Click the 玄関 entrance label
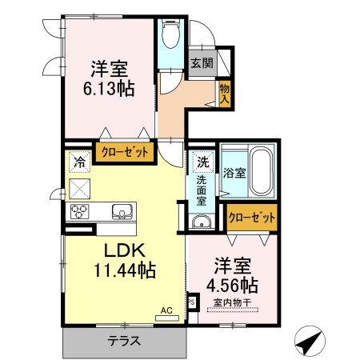(x=202, y=63)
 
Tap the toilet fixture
(x=170, y=34)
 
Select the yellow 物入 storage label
(x=225, y=94)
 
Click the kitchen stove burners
(x=82, y=211)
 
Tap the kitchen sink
(x=123, y=212)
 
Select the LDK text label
(x=117, y=250)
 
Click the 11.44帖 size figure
(x=123, y=270)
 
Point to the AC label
(x=166, y=310)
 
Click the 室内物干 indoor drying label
(x=231, y=302)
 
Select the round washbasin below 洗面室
(x=201, y=222)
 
